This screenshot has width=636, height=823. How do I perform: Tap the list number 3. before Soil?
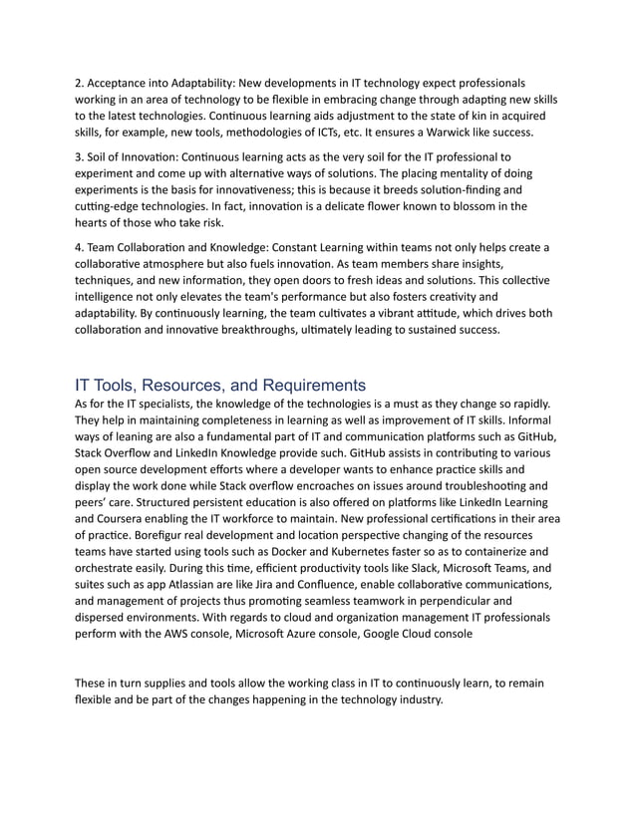(x=81, y=157)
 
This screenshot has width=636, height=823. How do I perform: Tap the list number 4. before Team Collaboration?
(x=81, y=247)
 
